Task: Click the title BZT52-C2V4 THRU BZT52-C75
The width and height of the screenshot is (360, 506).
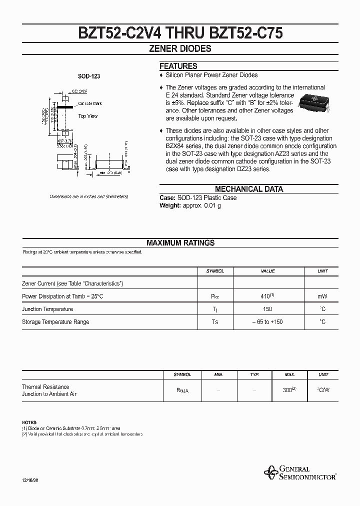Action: point(180,33)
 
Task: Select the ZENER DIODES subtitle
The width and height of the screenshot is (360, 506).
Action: point(180,49)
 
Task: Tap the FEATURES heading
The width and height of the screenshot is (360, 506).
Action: point(178,66)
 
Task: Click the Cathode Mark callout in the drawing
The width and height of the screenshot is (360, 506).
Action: point(90,103)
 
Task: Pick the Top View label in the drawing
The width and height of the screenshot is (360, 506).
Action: point(88,116)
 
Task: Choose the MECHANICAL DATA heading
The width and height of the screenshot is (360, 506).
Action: point(249,189)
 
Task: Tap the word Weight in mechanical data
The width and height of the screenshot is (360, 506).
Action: point(170,205)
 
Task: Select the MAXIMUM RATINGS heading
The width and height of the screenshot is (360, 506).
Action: point(180,243)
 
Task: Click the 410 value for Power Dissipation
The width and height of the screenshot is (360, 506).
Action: point(266,296)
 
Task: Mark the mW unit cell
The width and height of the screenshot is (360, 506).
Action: point(322,296)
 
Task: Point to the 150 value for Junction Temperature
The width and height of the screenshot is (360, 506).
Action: point(268,309)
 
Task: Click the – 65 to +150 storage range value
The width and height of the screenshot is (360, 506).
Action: point(268,322)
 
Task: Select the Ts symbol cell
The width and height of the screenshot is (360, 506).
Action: point(215,322)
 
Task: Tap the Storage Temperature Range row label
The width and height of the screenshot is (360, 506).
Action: point(55,322)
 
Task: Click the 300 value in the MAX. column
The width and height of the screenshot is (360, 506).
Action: point(288,390)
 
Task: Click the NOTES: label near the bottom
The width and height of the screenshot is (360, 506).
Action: point(29,422)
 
